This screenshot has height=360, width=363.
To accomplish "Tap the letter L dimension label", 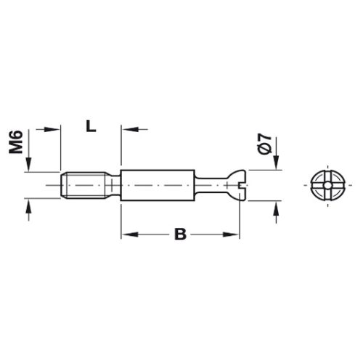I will coord(90,126).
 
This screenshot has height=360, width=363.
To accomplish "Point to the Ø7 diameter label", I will coord(264,142).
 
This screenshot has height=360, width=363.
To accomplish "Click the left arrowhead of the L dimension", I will coord(50,129).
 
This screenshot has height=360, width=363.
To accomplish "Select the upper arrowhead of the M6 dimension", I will coord(28,168).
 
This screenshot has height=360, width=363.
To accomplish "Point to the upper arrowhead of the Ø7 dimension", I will coord(276,167).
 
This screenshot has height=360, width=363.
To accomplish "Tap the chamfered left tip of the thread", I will coord(60,186).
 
